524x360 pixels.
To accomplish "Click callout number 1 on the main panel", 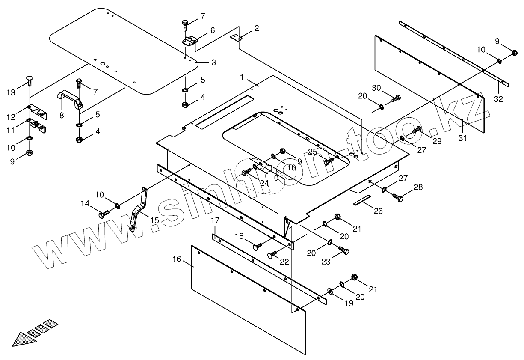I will pos(242,77).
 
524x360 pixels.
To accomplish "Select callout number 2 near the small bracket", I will pos(256,29).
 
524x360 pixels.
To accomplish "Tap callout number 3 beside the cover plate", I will pos(213,62).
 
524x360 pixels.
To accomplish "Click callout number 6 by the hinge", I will pos(212,30).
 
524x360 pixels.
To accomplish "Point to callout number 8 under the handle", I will pos(62,115).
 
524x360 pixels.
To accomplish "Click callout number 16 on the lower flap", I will pos(177,259).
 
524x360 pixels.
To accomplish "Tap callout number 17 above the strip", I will pos(215,220).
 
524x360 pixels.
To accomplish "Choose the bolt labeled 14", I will pos(104,214).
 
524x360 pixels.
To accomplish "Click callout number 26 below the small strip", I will pos(378,211).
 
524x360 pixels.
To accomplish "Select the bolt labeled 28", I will pos(398,198).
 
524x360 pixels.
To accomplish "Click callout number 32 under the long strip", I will pos(498,99).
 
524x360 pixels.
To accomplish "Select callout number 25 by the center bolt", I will pos(313,152).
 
